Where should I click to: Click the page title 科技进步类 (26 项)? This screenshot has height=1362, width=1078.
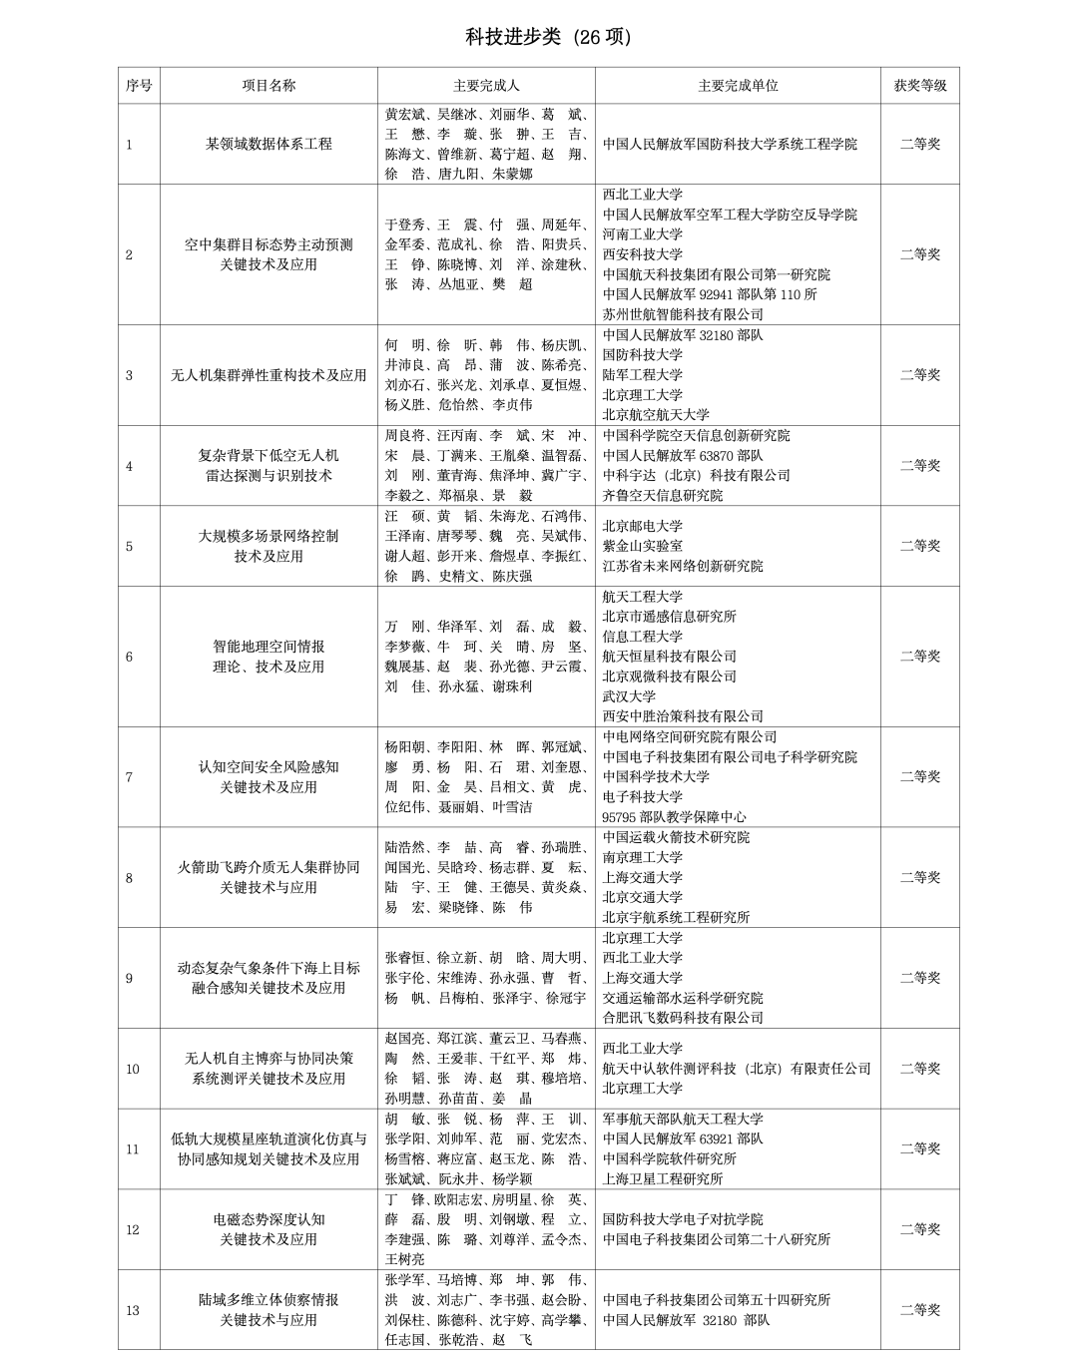[x=548, y=37]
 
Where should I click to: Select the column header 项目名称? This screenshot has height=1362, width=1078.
[x=269, y=85]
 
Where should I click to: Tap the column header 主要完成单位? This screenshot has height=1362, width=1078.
[x=738, y=85]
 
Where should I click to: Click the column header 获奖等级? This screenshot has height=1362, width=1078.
[x=919, y=85]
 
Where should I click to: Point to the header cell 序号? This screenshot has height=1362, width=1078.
[x=139, y=85]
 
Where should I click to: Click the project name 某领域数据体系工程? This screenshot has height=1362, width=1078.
[x=269, y=144]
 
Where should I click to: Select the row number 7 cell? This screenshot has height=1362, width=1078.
[x=129, y=777]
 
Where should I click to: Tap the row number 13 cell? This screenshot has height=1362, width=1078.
[x=133, y=1310]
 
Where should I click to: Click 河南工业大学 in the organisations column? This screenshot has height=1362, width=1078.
[x=643, y=234]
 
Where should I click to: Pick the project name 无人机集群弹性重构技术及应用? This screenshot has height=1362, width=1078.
[x=269, y=375]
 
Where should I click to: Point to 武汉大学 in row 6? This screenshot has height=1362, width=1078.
[x=629, y=696]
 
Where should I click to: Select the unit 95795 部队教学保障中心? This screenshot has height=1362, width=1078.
[x=674, y=817]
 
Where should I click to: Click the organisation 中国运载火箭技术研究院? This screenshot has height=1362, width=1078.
[x=676, y=837]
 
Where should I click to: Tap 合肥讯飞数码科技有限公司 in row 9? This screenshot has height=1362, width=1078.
[x=683, y=1018]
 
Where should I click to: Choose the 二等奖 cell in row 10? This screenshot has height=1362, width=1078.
[x=919, y=1069]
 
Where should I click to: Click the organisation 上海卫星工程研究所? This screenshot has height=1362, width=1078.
[x=663, y=1179]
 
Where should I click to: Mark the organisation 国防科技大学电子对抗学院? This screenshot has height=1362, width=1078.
[x=683, y=1219]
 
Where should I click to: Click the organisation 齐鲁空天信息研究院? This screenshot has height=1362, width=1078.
[x=663, y=495]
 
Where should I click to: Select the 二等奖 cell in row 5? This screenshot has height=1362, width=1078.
[x=919, y=546]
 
